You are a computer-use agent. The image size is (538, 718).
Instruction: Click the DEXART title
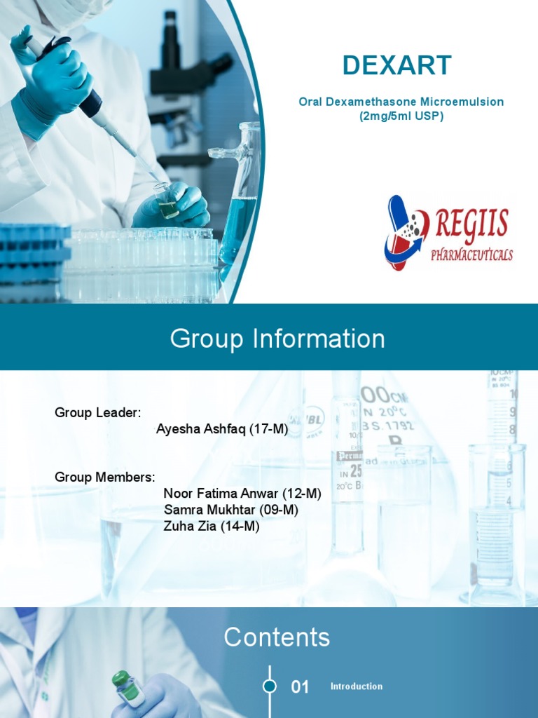[x=397, y=65]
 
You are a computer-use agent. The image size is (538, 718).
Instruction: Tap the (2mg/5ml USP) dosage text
[x=401, y=116]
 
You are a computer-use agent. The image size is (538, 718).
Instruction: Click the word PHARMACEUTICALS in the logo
[x=471, y=253]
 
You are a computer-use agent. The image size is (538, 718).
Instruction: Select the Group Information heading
[x=277, y=339]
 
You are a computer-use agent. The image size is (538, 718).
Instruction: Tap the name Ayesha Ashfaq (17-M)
[x=222, y=429]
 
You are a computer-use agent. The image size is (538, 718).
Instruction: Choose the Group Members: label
[x=105, y=477]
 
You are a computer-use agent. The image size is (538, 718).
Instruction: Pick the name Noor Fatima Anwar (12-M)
[x=242, y=494]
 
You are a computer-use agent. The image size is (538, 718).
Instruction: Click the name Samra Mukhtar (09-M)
[x=231, y=510]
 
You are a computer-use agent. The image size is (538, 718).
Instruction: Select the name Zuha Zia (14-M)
[x=212, y=526]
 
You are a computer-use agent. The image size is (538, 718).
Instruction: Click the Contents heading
[x=277, y=637]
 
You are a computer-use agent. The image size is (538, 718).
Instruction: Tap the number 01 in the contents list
[x=300, y=687]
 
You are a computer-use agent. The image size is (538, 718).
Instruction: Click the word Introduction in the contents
[x=357, y=686]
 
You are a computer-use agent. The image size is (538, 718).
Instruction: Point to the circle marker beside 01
[x=269, y=686]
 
